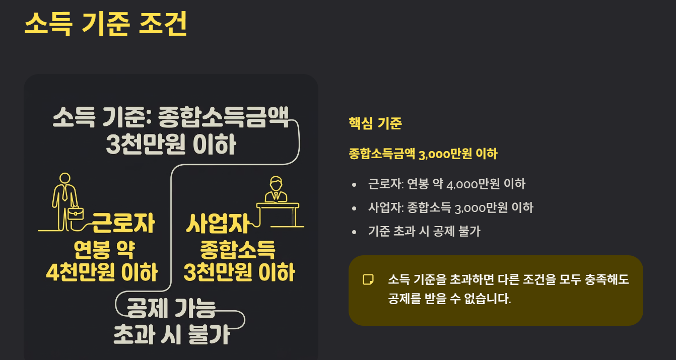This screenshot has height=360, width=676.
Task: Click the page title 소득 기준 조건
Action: [105, 24]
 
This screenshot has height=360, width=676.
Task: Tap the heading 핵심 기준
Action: [375, 123]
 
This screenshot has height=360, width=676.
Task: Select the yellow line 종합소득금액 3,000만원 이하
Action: [423, 154]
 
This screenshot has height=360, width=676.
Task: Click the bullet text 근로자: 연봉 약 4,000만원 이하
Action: [446, 184]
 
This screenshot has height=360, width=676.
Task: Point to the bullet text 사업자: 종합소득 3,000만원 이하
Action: [450, 207]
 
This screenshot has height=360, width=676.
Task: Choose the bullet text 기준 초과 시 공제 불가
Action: [424, 231]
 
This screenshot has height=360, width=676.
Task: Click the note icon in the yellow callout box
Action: [368, 279]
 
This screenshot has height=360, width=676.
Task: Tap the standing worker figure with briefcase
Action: [64, 201]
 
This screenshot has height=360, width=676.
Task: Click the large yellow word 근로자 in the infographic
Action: [123, 223]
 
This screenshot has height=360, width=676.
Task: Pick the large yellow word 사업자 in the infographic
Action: [218, 223]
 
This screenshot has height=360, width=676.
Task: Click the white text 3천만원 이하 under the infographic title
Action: [171, 146]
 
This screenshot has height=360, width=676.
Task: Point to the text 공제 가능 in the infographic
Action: [171, 308]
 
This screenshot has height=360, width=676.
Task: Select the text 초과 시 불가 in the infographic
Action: [172, 334]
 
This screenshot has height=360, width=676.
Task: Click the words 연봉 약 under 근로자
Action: [104, 248]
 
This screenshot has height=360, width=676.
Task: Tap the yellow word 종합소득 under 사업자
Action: [237, 249]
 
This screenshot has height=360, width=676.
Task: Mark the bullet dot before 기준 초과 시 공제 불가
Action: [355, 232]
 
